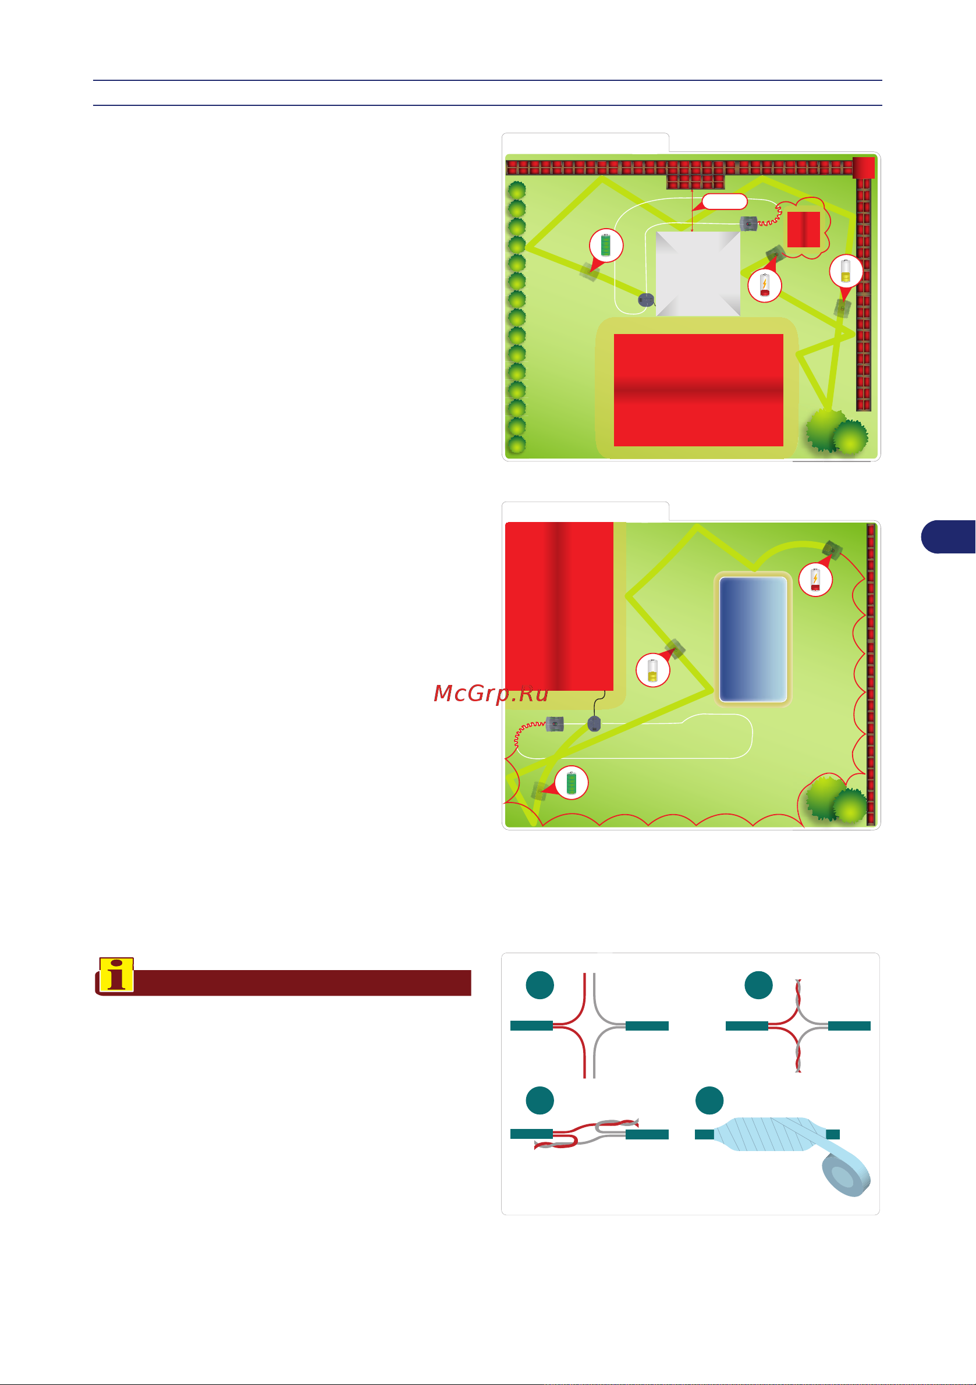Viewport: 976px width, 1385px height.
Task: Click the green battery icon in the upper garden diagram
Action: click(606, 246)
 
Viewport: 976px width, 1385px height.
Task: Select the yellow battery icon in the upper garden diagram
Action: click(846, 271)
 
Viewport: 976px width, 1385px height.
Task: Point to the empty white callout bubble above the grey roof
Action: click(724, 201)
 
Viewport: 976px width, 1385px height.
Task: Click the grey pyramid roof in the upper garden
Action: click(698, 274)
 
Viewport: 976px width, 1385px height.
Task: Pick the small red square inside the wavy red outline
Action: click(804, 229)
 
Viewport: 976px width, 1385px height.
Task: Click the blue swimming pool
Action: click(753, 640)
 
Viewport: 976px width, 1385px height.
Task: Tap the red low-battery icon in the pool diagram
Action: click(815, 580)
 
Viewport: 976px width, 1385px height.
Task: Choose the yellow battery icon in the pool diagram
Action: click(652, 670)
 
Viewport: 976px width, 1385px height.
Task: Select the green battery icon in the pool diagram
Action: click(570, 783)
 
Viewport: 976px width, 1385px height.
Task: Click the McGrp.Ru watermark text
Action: click(491, 694)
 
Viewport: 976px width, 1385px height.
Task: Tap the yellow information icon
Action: click(116, 974)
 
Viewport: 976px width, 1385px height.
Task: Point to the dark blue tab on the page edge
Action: click(948, 537)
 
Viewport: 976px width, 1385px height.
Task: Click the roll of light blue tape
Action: click(846, 1173)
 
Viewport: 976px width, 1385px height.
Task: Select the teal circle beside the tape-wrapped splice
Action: click(709, 1101)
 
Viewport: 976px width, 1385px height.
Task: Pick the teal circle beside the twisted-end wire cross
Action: click(759, 985)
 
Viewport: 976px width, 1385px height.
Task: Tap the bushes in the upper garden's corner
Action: click(837, 431)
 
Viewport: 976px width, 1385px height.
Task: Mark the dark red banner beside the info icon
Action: click(301, 983)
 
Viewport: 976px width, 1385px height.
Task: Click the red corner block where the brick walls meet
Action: click(863, 167)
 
